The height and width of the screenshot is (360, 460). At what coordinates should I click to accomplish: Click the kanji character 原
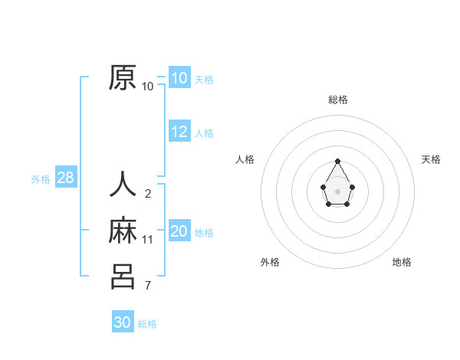click(x=123, y=78)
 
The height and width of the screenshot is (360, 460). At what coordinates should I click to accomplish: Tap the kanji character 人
click(x=123, y=185)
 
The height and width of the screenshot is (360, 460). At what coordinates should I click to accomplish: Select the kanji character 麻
click(x=123, y=231)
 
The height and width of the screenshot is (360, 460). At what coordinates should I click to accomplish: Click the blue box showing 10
click(x=179, y=77)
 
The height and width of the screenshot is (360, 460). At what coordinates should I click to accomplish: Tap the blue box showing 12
click(x=179, y=132)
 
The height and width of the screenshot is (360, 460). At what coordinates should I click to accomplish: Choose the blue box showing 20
click(x=179, y=231)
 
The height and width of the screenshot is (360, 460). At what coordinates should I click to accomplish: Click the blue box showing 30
click(x=123, y=322)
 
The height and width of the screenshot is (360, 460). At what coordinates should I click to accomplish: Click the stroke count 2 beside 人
click(x=148, y=194)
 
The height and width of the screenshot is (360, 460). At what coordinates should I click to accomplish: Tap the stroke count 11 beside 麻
click(x=148, y=240)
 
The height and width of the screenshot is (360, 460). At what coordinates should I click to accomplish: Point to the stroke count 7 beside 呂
click(x=148, y=286)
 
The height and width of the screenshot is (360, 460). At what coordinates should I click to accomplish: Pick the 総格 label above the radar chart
click(x=338, y=100)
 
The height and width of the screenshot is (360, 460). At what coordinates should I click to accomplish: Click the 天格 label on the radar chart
click(x=431, y=159)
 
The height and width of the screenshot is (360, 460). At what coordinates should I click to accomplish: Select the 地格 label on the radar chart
click(x=402, y=262)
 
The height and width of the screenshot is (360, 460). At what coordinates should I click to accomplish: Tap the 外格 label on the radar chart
click(x=270, y=262)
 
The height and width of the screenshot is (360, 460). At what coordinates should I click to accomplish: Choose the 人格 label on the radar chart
click(x=245, y=159)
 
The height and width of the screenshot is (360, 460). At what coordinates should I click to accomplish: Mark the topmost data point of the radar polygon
click(x=338, y=161)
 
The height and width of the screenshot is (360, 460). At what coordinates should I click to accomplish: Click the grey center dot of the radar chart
click(x=338, y=191)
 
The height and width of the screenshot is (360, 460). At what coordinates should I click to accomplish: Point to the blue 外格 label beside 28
click(x=41, y=179)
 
